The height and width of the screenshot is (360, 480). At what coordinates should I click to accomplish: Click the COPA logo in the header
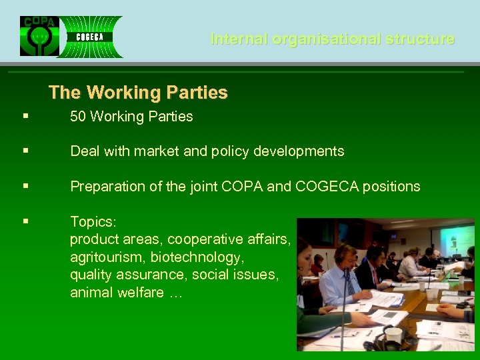point(39,36)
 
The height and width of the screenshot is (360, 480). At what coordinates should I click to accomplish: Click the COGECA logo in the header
point(89,37)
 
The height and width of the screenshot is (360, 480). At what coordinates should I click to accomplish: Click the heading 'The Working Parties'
point(138,92)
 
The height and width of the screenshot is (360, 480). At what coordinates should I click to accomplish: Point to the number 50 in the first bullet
point(78,117)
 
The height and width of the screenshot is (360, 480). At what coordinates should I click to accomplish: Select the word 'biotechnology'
point(195,257)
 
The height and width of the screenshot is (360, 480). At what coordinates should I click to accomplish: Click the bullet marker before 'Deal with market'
point(25,151)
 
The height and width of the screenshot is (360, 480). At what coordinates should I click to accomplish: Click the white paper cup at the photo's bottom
point(393,335)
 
